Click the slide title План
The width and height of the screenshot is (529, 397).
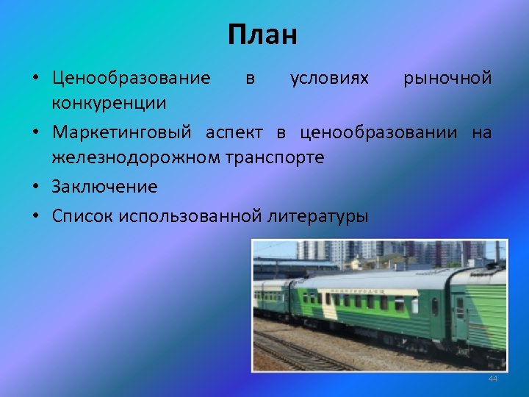pyautogui.click(x=262, y=35)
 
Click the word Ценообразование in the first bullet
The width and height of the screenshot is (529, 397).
pyautogui.click(x=131, y=78)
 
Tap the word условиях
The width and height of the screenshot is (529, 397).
pyautogui.click(x=329, y=78)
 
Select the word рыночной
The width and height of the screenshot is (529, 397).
pyautogui.click(x=447, y=78)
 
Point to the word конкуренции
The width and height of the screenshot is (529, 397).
pyautogui.click(x=109, y=102)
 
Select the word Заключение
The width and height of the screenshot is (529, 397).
pyautogui.click(x=104, y=187)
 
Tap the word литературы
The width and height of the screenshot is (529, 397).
pyautogui.click(x=319, y=216)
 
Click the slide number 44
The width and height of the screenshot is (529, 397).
pyautogui.click(x=492, y=378)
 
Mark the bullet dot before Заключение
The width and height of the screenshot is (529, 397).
pyautogui.click(x=35, y=187)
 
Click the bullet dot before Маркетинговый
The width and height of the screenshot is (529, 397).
pyautogui.click(x=35, y=133)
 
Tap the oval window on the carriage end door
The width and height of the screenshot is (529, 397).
pyautogui.click(x=434, y=307)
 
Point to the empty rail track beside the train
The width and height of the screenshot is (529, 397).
pyautogui.click(x=294, y=354)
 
